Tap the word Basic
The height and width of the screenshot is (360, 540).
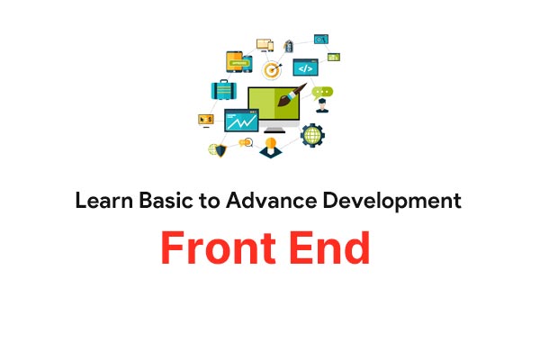click(166, 200)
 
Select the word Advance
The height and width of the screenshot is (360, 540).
click(271, 200)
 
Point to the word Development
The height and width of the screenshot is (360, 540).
click(391, 202)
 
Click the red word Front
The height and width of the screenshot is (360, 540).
click(218, 247)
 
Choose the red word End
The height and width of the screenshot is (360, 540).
click(330, 247)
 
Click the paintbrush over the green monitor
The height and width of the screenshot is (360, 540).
click(292, 94)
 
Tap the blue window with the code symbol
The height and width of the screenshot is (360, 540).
click(305, 67)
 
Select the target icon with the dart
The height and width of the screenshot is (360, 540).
click(272, 70)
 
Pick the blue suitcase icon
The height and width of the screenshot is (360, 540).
click(224, 90)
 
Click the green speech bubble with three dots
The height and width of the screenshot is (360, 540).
click(322, 93)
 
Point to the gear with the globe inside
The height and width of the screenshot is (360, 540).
click(312, 135)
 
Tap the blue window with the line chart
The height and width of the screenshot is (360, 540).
click(241, 121)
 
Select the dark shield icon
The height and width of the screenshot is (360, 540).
click(220, 150)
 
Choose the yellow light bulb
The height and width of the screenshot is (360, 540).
click(271, 143)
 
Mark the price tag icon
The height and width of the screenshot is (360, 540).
click(289, 46)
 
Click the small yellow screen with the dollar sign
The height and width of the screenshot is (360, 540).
click(206, 120)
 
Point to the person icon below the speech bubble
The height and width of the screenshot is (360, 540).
click(322, 106)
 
